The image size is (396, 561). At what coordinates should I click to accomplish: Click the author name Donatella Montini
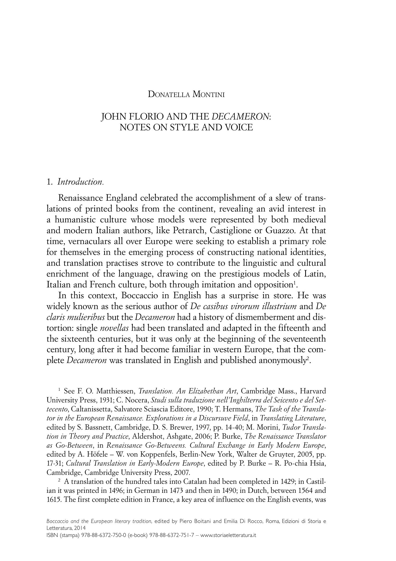(x=186, y=94)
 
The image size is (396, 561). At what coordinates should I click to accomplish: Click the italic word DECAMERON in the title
(x=241, y=117)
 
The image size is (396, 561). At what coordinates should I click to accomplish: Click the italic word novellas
(x=114, y=328)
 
